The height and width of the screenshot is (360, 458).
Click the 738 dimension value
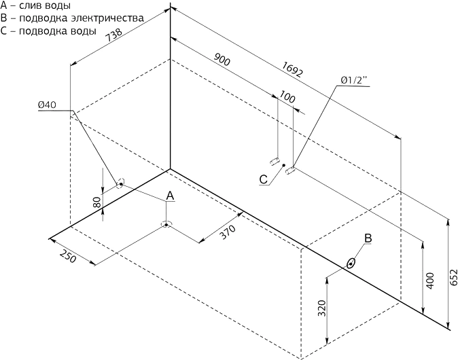pos(113,36)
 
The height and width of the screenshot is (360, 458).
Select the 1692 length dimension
pos(292,69)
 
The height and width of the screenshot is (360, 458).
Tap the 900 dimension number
pos(222,59)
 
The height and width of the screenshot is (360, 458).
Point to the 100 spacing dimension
pos(287,96)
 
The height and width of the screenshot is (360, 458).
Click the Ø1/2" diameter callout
pos(354,80)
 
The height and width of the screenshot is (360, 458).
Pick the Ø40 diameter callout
pos(47,105)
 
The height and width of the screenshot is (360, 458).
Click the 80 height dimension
pos(97,202)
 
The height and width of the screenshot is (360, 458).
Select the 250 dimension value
pos(68,256)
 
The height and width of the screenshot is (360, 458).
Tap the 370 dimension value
pos(227,232)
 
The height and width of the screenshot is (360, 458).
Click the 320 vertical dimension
pos(321,308)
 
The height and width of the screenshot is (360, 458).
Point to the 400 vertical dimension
pos(430,281)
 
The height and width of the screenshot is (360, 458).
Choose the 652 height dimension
pos(453,277)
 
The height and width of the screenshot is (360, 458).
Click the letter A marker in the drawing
pos(170,196)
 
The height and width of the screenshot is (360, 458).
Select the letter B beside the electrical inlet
pos(368,238)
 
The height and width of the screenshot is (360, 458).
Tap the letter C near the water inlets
pos(264,179)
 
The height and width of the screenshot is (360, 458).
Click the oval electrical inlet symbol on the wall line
pos(351,264)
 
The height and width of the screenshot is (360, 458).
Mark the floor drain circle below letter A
pos(166,225)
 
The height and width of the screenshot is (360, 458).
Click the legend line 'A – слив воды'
pos(36,5)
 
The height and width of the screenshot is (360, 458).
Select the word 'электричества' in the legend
pos(107,18)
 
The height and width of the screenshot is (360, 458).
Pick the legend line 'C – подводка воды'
pos(48,31)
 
